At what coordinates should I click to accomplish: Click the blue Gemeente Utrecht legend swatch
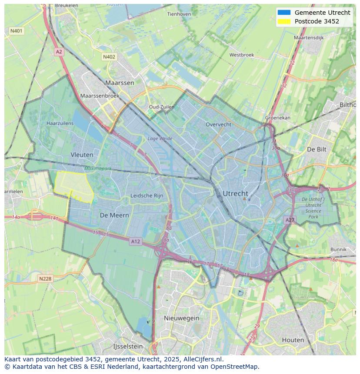[284, 13]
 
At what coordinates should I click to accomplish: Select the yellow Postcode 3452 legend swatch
[284, 21]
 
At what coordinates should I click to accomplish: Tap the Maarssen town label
[120, 83]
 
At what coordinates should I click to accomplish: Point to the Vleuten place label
[82, 155]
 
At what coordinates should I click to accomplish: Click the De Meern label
[114, 215]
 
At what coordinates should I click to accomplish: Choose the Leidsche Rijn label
[147, 196]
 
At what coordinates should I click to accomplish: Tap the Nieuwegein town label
[181, 318]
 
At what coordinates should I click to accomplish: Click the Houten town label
[293, 340]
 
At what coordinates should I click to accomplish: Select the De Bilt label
[317, 149]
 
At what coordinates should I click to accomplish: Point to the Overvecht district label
[218, 124]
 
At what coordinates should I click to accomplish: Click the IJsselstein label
[128, 347]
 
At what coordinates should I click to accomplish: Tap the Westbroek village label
[241, 55]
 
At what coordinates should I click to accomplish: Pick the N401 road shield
[16, 31]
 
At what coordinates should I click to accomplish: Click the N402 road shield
[109, 57]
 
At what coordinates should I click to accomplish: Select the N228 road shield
[45, 278]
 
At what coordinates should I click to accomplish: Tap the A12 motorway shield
[135, 242]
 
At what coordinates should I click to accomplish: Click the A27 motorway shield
[290, 220]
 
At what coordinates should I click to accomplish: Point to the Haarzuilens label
[60, 123]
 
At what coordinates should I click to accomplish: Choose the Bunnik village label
[338, 249]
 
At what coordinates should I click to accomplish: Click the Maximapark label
[99, 168]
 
